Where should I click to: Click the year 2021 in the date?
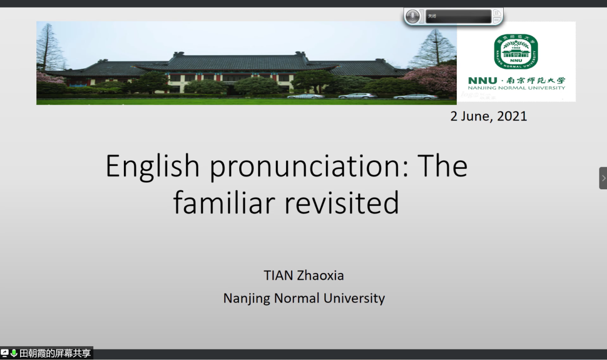[x=512, y=116]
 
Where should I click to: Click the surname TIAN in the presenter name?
[x=278, y=275]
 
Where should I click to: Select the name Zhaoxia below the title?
[x=320, y=275]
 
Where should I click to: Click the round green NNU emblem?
[x=516, y=52]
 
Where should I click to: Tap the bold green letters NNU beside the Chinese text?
[x=483, y=80]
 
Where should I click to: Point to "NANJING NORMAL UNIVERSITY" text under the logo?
[x=517, y=88]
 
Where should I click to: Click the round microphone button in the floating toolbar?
[x=412, y=16]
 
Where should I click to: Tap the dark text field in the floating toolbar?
[x=459, y=16]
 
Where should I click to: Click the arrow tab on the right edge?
[x=603, y=178]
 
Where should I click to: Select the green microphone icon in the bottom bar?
[x=14, y=353]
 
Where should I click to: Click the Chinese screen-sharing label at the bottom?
[x=55, y=353]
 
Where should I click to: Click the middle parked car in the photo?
[x=358, y=96]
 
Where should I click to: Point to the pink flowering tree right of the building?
[x=431, y=77]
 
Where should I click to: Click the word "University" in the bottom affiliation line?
[x=354, y=298]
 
